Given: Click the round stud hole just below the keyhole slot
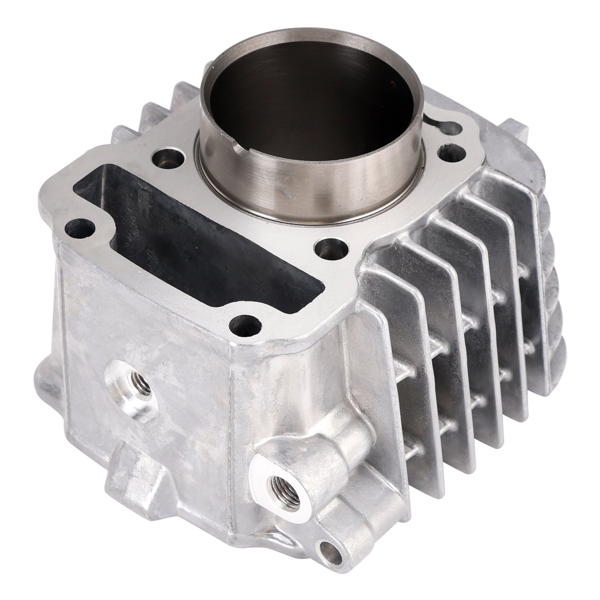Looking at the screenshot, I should point(449,153).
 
